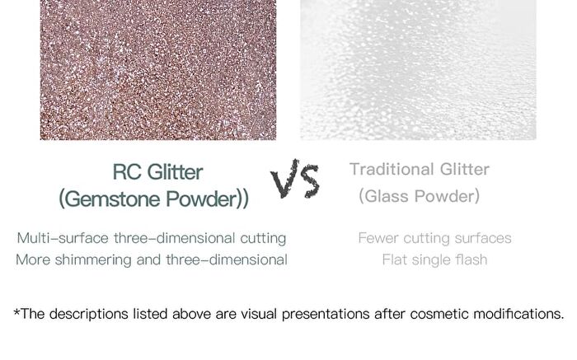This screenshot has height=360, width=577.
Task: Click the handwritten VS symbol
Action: (295, 179)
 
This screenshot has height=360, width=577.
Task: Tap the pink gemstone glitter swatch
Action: (158, 70)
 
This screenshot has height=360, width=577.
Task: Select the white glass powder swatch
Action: (418, 70)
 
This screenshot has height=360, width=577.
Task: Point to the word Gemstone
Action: (114, 199)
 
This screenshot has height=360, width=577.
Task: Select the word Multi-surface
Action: (63, 238)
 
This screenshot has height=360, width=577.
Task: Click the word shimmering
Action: (93, 260)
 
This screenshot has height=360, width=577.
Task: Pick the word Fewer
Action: (378, 238)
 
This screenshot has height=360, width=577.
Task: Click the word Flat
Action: (395, 260)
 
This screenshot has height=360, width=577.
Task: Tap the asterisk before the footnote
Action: (17, 312)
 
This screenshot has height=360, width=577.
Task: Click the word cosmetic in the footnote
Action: (439, 314)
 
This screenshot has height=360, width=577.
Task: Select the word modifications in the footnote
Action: (518, 314)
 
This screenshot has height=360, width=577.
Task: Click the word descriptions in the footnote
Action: (89, 315)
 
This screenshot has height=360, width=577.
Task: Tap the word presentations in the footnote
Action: (326, 315)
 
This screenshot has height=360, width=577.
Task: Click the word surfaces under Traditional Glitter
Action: (483, 238)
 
